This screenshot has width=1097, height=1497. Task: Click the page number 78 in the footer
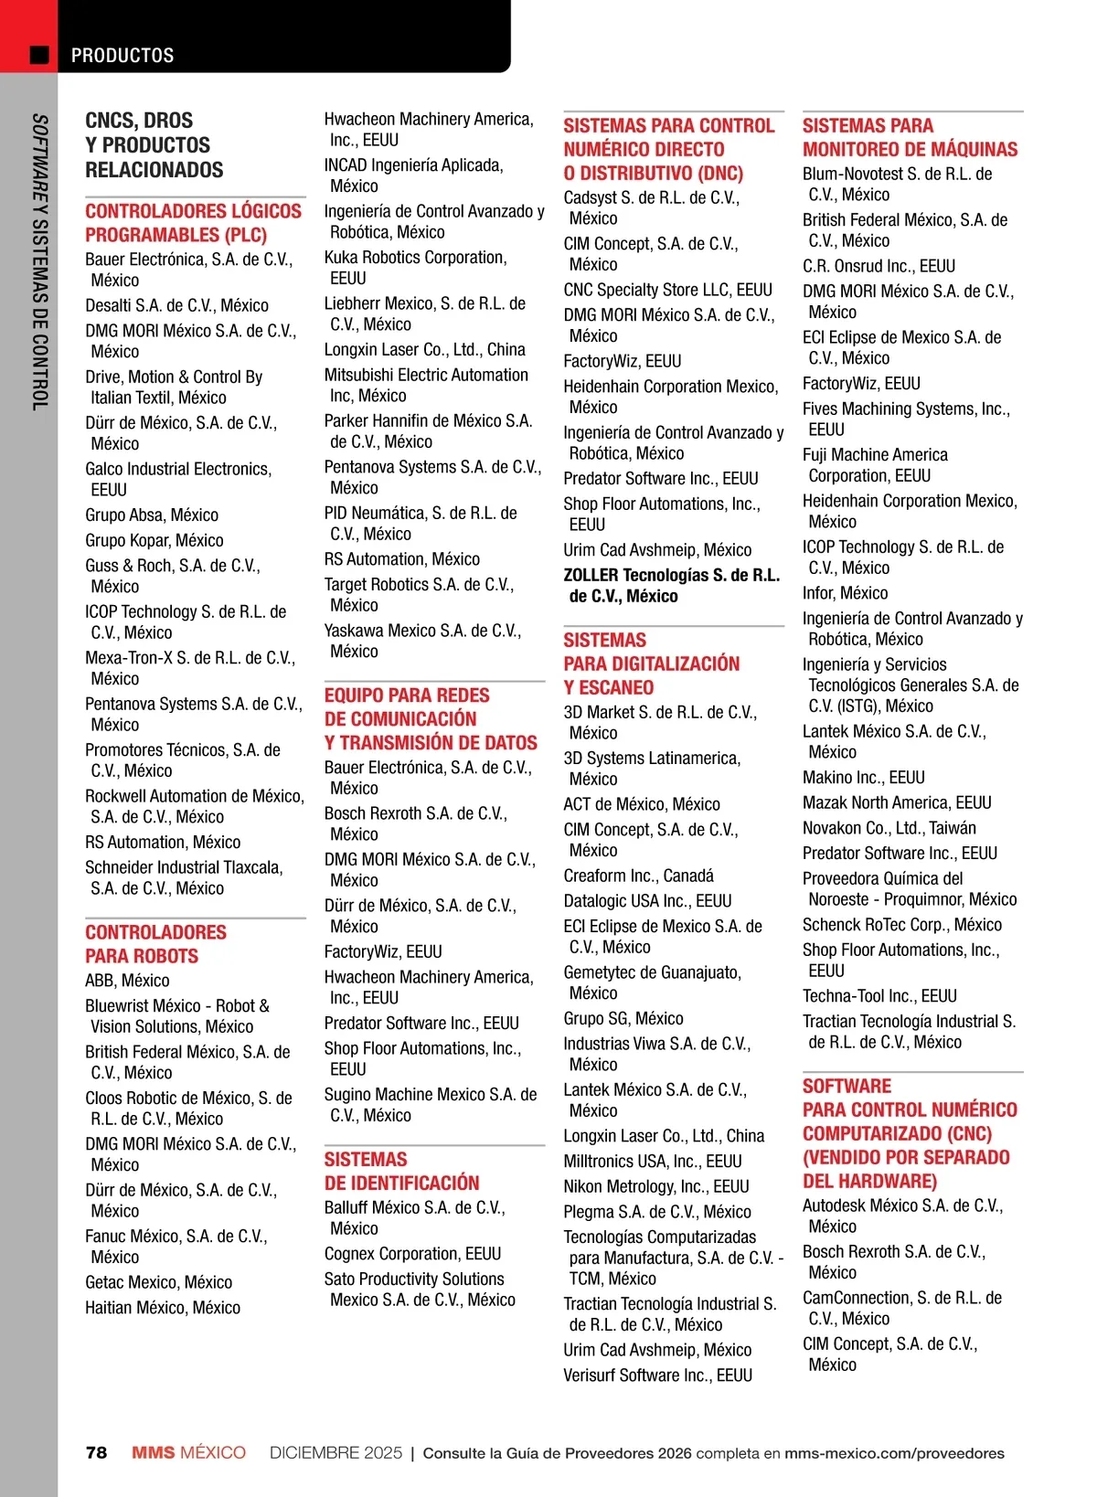pyautogui.click(x=96, y=1453)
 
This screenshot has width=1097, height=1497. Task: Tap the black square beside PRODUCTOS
pyautogui.click(x=39, y=55)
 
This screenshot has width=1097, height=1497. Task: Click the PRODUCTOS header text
pyautogui.click(x=122, y=56)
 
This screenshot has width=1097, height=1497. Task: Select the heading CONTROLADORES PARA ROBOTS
pyautogui.click(x=155, y=944)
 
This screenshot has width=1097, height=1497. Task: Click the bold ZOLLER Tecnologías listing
pyautogui.click(x=671, y=586)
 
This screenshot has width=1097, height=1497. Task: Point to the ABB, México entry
pyautogui.click(x=127, y=981)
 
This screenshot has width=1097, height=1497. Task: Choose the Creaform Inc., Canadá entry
pyautogui.click(x=638, y=876)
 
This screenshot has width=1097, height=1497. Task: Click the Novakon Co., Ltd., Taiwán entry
pyautogui.click(x=889, y=828)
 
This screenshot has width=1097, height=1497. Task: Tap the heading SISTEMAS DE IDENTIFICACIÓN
pyautogui.click(x=401, y=1171)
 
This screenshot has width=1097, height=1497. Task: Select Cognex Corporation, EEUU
pyautogui.click(x=412, y=1254)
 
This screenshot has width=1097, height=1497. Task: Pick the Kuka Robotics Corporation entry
pyautogui.click(x=415, y=268)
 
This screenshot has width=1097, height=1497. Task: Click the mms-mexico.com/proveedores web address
pyautogui.click(x=894, y=1453)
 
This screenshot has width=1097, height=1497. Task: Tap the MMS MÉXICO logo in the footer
pyautogui.click(x=188, y=1453)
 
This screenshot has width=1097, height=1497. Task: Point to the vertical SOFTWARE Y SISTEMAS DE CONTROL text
pyautogui.click(x=39, y=261)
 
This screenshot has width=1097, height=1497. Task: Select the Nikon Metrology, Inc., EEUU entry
pyautogui.click(x=655, y=1186)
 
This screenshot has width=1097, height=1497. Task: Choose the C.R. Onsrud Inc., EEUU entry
pyautogui.click(x=879, y=266)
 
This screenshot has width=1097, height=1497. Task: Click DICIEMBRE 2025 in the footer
pyautogui.click(x=335, y=1453)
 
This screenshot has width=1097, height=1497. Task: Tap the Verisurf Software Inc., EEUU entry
pyautogui.click(x=657, y=1375)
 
